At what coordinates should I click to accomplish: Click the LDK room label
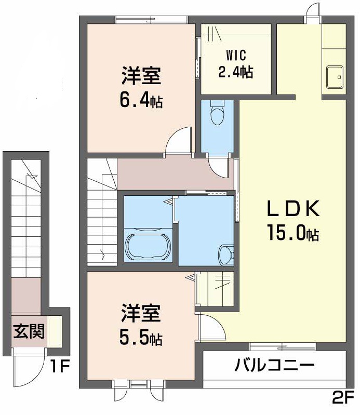pyautogui.click(x=292, y=209)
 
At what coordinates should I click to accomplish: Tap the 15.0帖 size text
pyautogui.click(x=292, y=232)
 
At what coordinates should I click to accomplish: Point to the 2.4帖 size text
pyautogui.click(x=235, y=72)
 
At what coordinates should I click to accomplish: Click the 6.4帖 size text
pyautogui.click(x=141, y=99)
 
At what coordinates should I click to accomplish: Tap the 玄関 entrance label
pyautogui.click(x=29, y=330)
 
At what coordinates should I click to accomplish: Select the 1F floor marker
pyautogui.click(x=60, y=367)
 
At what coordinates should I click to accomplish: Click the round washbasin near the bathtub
pyautogui.click(x=225, y=254)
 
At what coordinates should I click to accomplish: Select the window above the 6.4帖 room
pyautogui.click(x=151, y=20)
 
